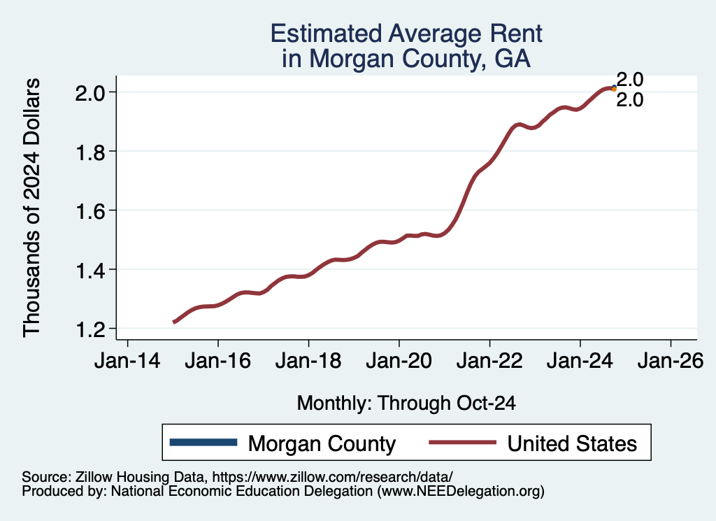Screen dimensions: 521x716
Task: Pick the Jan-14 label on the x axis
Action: (127, 365)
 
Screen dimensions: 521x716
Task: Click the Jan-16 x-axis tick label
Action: (218, 365)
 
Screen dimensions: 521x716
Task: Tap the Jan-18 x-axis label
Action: (308, 365)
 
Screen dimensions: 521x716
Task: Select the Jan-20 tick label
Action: (399, 365)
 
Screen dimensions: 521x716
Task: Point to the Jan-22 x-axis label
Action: (489, 365)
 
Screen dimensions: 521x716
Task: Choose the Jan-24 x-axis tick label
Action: (580, 365)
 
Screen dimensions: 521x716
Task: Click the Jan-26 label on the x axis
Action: (671, 365)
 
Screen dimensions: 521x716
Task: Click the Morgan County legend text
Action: (322, 443)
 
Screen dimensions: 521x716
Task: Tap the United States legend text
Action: (572, 443)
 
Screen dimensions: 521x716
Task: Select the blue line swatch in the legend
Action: (203, 443)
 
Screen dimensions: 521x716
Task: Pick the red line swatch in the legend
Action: (461, 443)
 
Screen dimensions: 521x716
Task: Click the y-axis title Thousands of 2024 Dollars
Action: (33, 208)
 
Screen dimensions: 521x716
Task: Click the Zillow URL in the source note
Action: (332, 476)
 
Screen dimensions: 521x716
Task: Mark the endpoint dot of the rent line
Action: (614, 88)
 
